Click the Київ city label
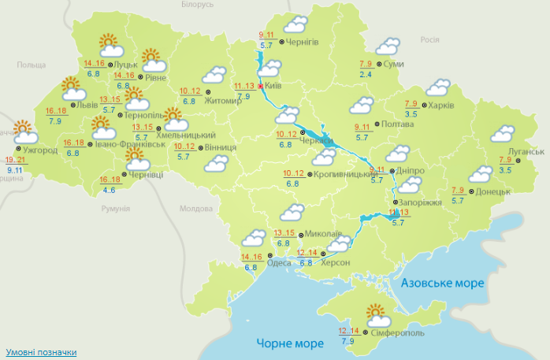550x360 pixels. click(274, 85)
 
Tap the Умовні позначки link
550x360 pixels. click(41, 352)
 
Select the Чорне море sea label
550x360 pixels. click(290, 343)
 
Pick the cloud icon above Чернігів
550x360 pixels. click(295, 25)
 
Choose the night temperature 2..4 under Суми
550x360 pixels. click(366, 74)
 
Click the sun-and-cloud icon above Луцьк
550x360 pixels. click(108, 44)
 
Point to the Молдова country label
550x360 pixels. click(196, 209)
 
